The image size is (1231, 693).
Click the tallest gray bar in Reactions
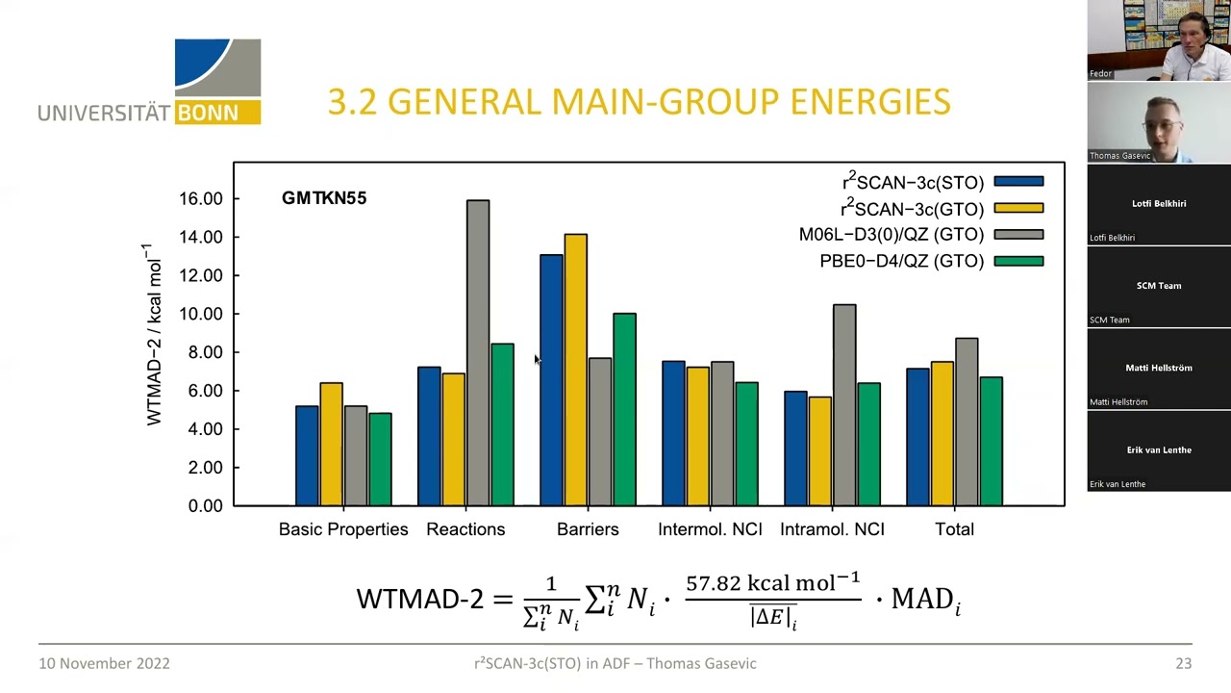478,352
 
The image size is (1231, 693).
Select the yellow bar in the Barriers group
575,370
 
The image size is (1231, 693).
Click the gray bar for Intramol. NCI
844,404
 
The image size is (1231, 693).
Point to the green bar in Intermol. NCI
746,444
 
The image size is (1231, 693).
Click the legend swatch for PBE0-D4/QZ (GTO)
1018,261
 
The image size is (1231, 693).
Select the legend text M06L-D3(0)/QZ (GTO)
891,235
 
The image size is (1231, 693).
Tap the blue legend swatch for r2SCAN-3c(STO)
1018,182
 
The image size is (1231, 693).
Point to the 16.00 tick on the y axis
200,199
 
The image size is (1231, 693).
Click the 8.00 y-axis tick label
204,352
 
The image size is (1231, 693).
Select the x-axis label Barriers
588,529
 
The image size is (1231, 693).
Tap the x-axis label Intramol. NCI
832,529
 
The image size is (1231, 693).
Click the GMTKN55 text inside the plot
324,198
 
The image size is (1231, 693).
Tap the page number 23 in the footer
1183,663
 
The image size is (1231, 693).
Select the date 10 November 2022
104,663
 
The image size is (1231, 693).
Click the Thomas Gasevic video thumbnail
1158,122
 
